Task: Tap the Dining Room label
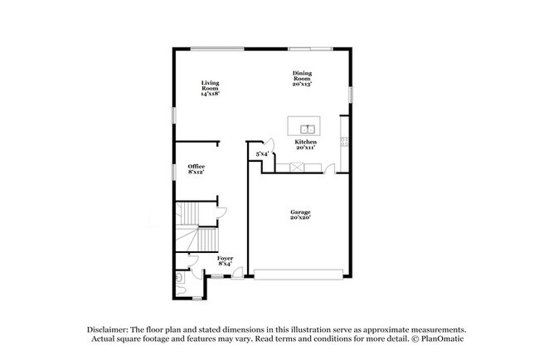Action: pos(303,79)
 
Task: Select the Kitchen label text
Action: pos(306,144)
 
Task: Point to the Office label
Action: pos(196,169)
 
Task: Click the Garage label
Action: pos(299,215)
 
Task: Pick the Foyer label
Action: pos(225,260)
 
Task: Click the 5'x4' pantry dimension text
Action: pos(261,153)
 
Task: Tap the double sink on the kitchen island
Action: pos(307,129)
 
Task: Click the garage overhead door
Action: pos(298,273)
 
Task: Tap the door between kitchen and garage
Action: pos(330,170)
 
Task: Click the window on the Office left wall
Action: pos(174,171)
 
